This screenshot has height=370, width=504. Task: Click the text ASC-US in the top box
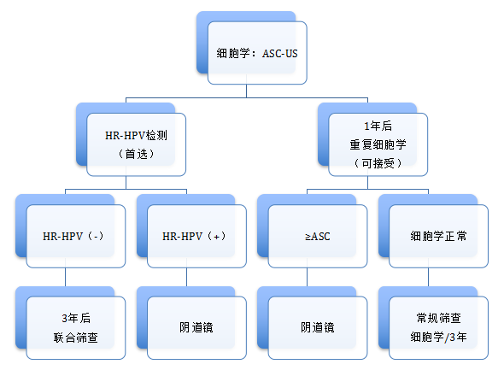pyautogui.click(x=280, y=53)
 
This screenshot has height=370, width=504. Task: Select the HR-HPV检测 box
pyautogui.click(x=137, y=144)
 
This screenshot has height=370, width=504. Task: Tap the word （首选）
pyautogui.click(x=137, y=154)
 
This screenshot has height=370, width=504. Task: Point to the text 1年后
pyautogui.click(x=378, y=126)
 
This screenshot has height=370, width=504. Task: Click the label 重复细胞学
pyautogui.click(x=378, y=144)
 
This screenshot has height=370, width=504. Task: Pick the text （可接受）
pyautogui.click(x=378, y=163)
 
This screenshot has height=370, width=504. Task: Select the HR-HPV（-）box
pyautogui.click(x=76, y=236)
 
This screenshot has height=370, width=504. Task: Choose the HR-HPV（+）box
pyautogui.click(x=196, y=236)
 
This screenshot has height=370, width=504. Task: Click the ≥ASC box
pyautogui.click(x=318, y=236)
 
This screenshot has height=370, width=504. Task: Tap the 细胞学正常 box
pyautogui.click(x=438, y=236)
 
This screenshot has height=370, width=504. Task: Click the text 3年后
pyautogui.click(x=76, y=318)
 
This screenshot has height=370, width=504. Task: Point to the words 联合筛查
pyautogui.click(x=76, y=338)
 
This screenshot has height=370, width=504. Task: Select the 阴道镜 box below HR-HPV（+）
pyautogui.click(x=196, y=327)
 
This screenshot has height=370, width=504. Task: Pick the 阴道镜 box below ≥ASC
pyautogui.click(x=318, y=327)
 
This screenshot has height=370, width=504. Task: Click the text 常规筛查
pyautogui.click(x=438, y=318)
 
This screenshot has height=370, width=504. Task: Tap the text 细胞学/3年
pyautogui.click(x=438, y=338)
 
